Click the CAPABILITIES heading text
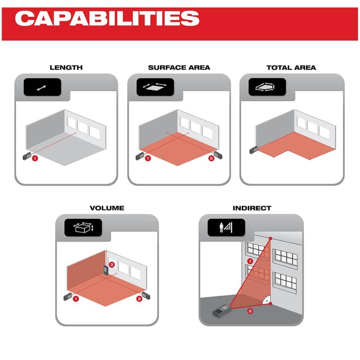(107, 18)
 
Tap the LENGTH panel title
(66, 68)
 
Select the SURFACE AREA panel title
(179, 68)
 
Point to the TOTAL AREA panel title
(291, 68)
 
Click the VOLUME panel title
(107, 208)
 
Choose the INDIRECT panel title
(252, 208)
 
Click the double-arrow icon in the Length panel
(42, 88)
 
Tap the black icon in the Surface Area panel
(155, 87)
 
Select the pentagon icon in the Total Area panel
(265, 87)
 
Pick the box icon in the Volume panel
(84, 228)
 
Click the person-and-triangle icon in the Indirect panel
(226, 228)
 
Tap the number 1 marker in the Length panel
(35, 158)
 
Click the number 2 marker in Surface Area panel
(211, 158)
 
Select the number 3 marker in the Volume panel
(112, 265)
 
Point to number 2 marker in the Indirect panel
(250, 311)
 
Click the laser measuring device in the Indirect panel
(221, 311)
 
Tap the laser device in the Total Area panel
(254, 150)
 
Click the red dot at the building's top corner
(270, 238)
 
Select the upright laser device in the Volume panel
(106, 270)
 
